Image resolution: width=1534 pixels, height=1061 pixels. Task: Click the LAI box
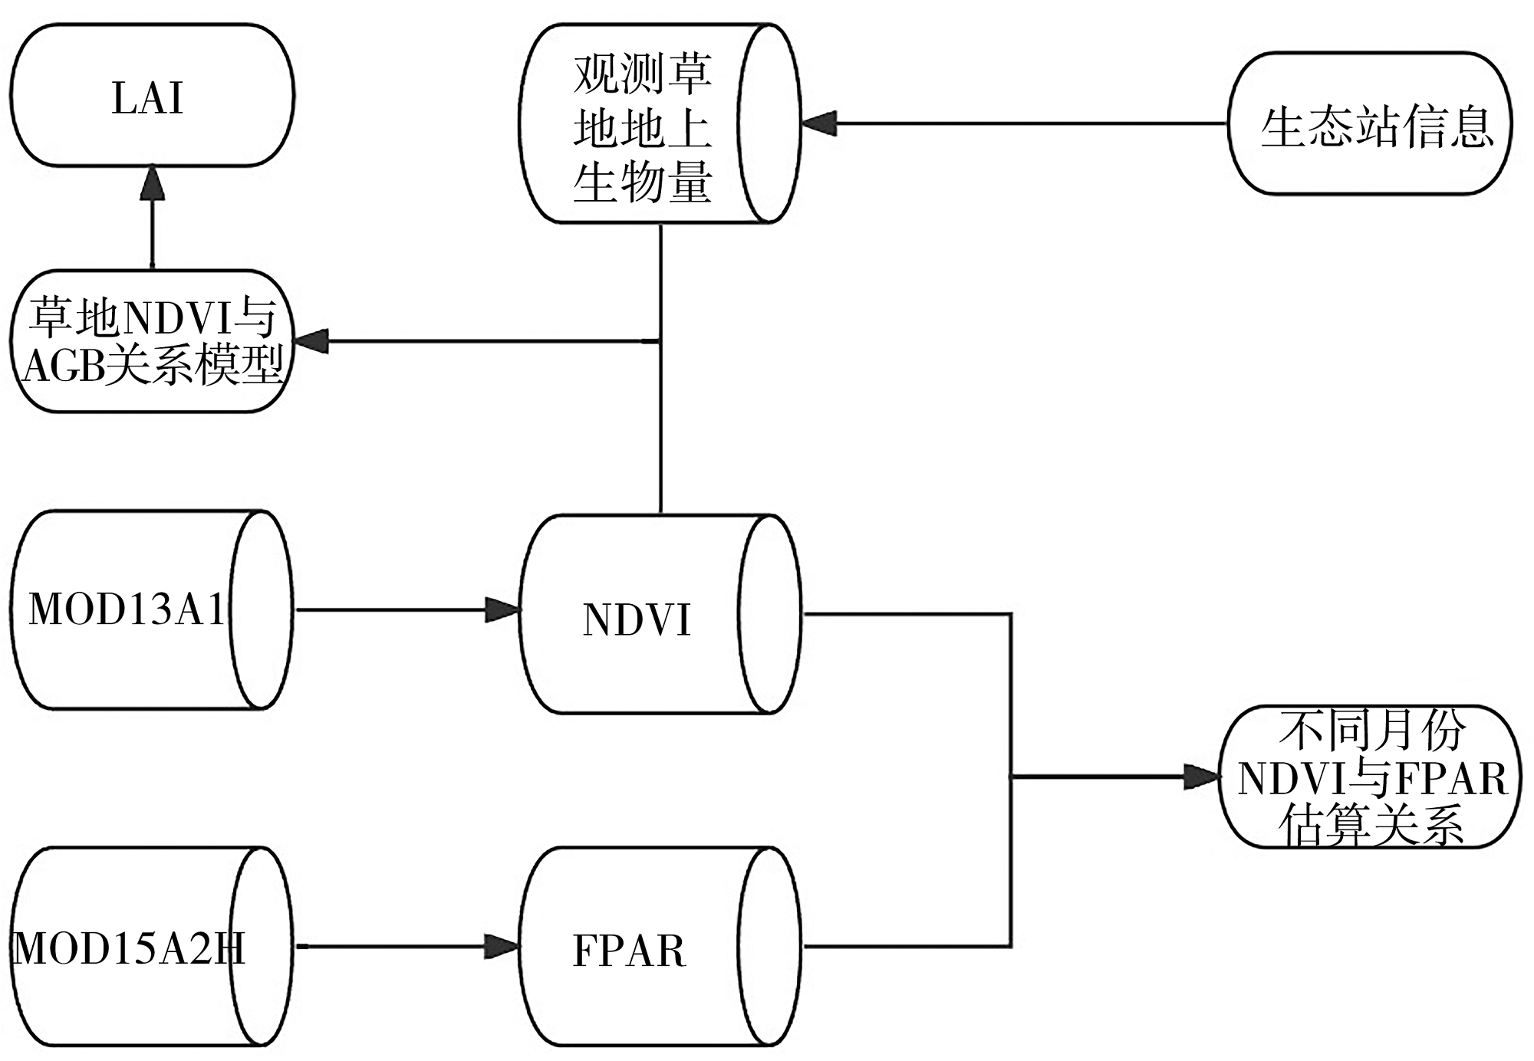click(152, 95)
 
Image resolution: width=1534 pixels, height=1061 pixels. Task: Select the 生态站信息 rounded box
click(1370, 123)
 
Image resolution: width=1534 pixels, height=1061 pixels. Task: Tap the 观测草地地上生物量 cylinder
click(660, 123)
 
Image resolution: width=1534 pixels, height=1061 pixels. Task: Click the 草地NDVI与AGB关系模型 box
click(152, 341)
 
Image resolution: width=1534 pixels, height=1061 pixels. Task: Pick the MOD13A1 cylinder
click(152, 610)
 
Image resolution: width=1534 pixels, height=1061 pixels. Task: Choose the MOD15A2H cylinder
click(152, 946)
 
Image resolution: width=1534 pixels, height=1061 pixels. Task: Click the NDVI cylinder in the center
click(660, 614)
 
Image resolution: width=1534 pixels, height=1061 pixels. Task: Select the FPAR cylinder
click(660, 946)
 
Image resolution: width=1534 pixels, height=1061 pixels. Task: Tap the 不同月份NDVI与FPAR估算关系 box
click(1370, 777)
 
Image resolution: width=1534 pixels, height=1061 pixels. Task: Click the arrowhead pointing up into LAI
click(153, 183)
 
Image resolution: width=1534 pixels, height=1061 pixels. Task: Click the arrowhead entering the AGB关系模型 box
click(312, 341)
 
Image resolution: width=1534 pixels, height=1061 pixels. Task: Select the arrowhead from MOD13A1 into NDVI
click(502, 610)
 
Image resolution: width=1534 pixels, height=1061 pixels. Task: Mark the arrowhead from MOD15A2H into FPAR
click(502, 947)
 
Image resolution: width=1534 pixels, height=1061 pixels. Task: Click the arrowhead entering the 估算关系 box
click(1202, 777)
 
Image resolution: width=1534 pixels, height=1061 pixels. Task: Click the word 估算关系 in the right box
click(1371, 825)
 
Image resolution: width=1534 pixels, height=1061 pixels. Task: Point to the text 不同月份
click(1372, 730)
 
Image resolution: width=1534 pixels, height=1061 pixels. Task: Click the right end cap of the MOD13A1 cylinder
click(262, 610)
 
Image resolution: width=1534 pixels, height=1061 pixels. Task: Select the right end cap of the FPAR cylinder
click(770, 946)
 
